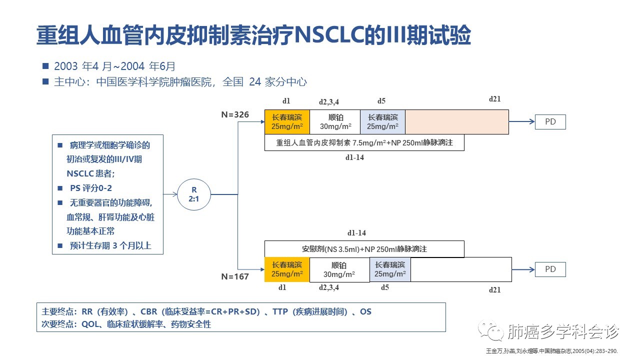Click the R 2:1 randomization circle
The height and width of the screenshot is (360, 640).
click(194, 194)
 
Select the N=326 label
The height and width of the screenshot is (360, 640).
click(235, 115)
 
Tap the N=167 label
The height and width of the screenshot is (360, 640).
click(235, 276)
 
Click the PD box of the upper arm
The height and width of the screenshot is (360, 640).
click(550, 122)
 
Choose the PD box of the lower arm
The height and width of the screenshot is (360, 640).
click(550, 269)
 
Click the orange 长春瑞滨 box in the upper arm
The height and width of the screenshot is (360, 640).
click(287, 122)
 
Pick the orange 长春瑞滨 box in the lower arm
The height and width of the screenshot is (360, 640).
click(287, 269)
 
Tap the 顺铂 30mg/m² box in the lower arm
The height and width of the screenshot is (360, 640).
click(339, 270)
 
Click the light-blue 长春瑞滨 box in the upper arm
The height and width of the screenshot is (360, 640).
click(382, 122)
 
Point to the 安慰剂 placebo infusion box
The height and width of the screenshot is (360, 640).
click(364, 249)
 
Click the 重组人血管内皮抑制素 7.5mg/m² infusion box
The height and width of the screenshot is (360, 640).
click(364, 142)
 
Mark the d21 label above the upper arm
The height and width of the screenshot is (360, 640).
click(494, 98)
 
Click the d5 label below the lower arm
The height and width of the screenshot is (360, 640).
click(384, 287)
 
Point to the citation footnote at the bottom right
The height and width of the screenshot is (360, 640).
click(552, 351)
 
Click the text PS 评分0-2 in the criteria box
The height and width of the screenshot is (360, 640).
click(90, 188)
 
